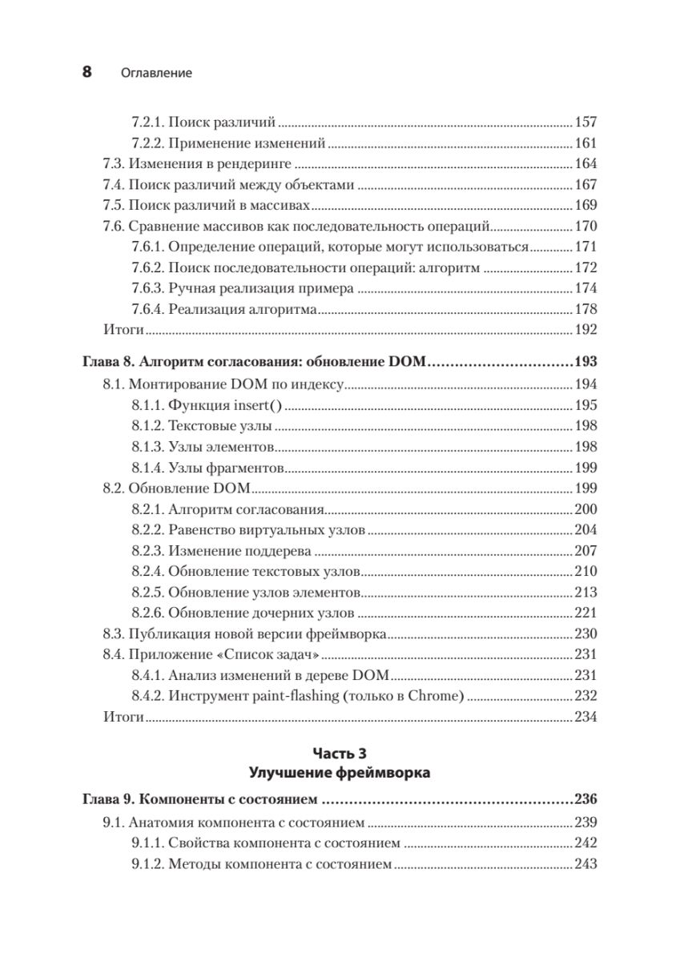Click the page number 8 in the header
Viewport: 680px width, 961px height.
(x=87, y=72)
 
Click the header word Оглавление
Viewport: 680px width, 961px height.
(x=156, y=73)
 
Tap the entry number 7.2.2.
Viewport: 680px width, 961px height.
(x=147, y=144)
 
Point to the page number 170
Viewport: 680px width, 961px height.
(x=586, y=226)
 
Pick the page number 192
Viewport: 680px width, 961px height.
(x=586, y=329)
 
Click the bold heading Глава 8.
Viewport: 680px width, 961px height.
(x=110, y=363)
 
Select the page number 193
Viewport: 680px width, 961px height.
(x=585, y=363)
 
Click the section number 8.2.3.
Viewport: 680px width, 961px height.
(x=147, y=551)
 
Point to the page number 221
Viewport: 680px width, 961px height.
(x=586, y=613)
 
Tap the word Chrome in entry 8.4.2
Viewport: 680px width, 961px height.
(x=437, y=696)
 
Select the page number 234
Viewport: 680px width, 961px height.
(x=586, y=717)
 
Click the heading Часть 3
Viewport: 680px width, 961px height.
(x=340, y=754)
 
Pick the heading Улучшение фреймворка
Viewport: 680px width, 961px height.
(x=340, y=773)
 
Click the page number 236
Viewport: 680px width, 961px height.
(x=585, y=799)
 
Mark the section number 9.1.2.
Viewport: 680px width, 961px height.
(x=147, y=864)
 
